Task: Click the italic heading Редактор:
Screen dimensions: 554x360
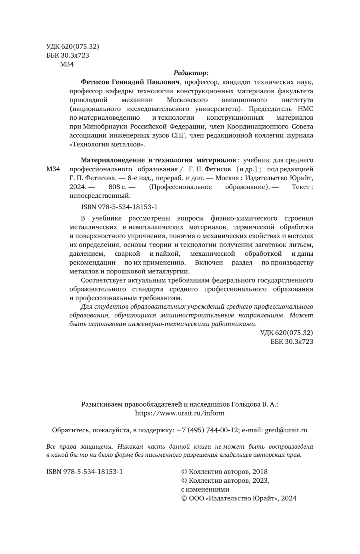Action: click(191, 73)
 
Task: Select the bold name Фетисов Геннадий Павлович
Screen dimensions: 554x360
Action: click(130, 82)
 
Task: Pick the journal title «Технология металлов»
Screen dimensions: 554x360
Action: click(107, 144)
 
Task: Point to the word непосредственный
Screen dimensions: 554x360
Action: click(100, 196)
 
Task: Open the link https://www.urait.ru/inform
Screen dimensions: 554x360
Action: click(180, 413)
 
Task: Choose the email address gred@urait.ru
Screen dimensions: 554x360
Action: click(285, 430)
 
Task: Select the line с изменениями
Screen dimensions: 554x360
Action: click(205, 490)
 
